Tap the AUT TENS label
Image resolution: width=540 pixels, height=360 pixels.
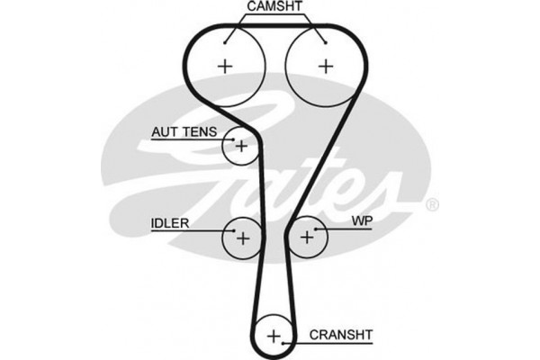183,131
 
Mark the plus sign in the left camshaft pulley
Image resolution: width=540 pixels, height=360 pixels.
225,65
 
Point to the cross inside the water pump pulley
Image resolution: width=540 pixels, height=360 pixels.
307,238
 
